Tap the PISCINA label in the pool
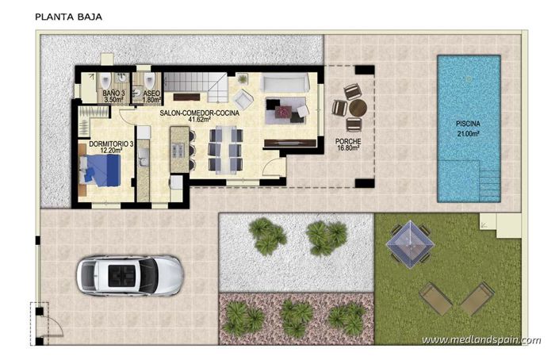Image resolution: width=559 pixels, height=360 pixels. click(468, 124)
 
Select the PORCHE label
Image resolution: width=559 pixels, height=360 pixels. click(348, 140)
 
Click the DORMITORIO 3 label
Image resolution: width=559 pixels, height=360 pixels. click(110, 144)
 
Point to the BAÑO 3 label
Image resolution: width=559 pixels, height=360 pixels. click(114, 94)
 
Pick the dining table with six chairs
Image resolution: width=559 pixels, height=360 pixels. click(224, 149)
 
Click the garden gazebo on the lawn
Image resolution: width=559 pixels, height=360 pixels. click(410, 242)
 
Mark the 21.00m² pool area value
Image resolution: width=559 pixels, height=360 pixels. click(468, 133)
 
